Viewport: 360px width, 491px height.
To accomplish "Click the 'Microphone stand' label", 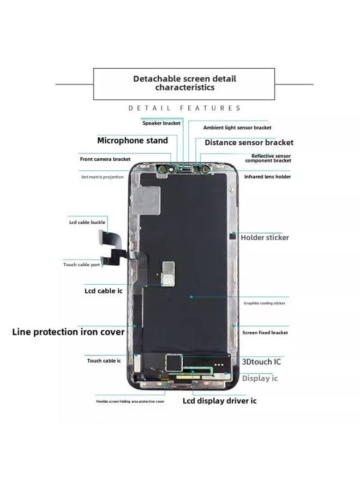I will pos(133,140).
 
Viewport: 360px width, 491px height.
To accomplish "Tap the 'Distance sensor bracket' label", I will pos(249,142).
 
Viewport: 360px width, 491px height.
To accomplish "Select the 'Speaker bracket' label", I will pos(161,123).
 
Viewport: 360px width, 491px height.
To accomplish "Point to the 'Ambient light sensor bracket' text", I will pos(237,127).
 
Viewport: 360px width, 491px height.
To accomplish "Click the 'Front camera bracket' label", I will pos(105,159).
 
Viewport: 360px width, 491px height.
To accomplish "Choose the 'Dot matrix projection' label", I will pos(103,177).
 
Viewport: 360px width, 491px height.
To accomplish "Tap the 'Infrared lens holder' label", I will pos(267,177).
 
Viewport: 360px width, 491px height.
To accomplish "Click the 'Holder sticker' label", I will pos(265,237).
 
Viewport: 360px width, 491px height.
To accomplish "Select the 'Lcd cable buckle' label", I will pos(87,223).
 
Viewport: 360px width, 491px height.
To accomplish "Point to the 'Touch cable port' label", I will pos(89,265).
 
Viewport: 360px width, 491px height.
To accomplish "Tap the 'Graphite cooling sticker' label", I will pos(264,303).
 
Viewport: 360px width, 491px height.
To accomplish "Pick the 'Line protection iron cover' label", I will pos(68,332).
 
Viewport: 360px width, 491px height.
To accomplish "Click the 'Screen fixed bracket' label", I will pos(265,332).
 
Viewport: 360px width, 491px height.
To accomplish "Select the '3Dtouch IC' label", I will pos(262,361).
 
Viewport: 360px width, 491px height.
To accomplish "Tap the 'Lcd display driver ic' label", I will pos(219,401).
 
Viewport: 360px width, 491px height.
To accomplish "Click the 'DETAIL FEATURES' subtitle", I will pos(184,109).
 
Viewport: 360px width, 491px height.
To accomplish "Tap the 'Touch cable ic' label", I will pos(104,361).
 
